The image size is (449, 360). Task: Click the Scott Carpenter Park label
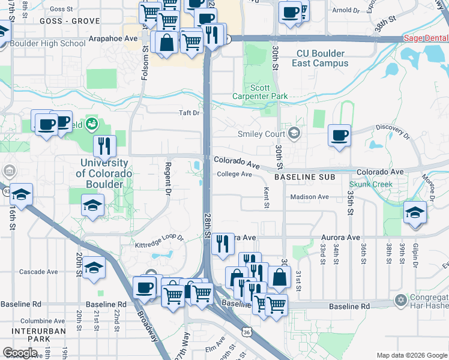[260, 92]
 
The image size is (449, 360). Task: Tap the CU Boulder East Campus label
[322, 58]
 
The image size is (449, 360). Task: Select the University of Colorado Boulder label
[104, 173]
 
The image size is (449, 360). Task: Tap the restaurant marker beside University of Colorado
[104, 145]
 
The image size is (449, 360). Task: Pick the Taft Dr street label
[188, 113]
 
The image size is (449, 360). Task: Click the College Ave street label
[234, 174]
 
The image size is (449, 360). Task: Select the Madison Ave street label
[309, 197]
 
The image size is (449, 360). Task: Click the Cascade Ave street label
[38, 271]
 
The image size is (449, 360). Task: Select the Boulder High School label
[47, 43]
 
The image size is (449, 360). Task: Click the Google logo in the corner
[20, 353]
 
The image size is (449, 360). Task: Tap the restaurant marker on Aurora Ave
[223, 243]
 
